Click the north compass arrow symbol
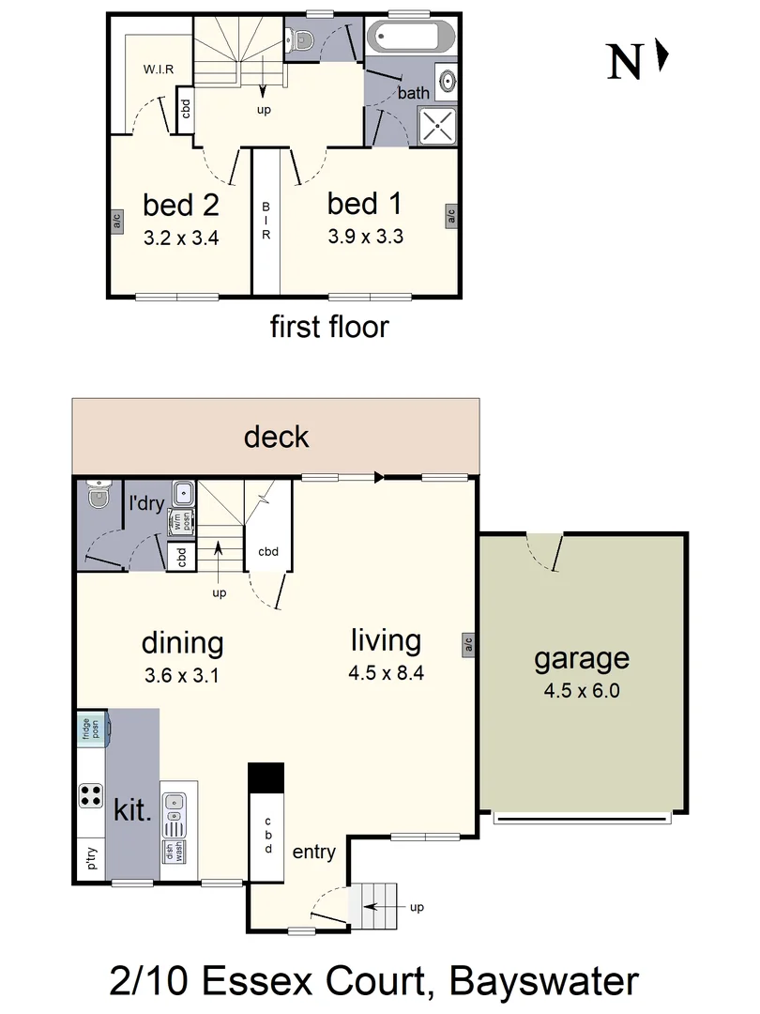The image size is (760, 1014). [662, 56]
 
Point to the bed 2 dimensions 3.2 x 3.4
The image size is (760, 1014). [181, 238]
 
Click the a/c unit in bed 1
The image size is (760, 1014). [451, 217]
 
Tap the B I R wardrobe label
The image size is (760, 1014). [266, 222]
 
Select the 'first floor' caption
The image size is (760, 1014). [328, 327]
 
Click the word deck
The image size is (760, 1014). [276, 437]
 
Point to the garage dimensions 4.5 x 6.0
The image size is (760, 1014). [582, 692]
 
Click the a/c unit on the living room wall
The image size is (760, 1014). [466, 643]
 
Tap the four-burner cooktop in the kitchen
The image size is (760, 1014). [91, 796]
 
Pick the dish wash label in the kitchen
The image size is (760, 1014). [173, 853]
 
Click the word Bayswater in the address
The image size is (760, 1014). [544, 981]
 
